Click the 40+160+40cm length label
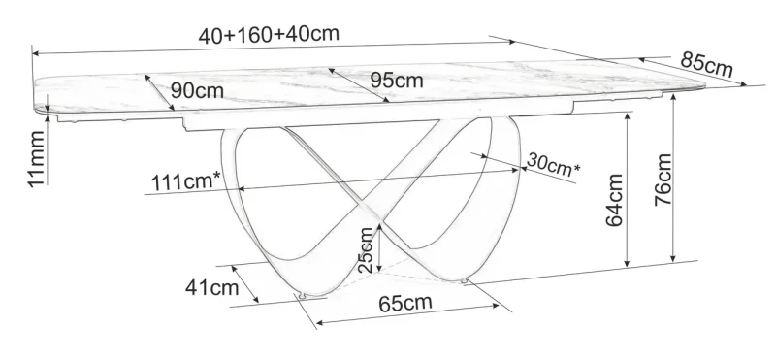click(269, 33)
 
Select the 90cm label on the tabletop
click(196, 90)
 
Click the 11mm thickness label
click(35, 161)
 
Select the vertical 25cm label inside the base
click(365, 249)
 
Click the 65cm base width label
click(404, 303)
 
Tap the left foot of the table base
click(303, 295)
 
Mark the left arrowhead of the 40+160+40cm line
click(35, 49)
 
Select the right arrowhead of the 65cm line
click(505, 309)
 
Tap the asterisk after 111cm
click(216, 175)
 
